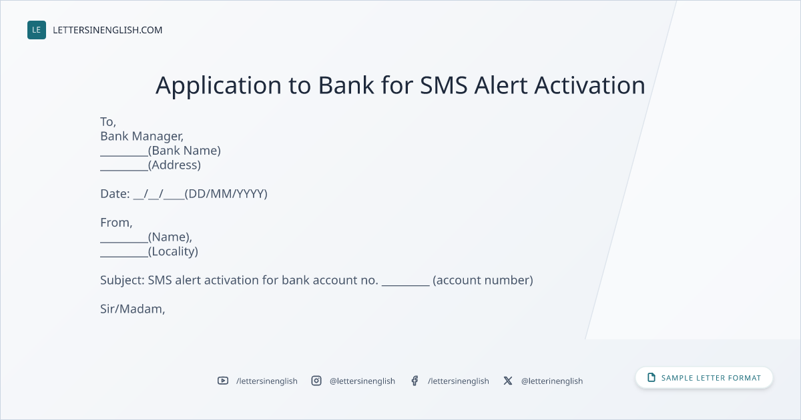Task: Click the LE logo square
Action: tap(37, 30)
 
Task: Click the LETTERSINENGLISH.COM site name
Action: tap(107, 30)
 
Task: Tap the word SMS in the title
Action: tap(443, 85)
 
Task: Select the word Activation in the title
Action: tap(589, 85)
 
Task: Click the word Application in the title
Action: tap(218, 86)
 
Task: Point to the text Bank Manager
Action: tap(142, 137)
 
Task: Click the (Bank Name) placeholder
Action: tap(184, 151)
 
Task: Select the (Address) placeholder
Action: tap(174, 165)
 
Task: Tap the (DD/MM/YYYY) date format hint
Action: tap(226, 194)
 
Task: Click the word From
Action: tap(115, 223)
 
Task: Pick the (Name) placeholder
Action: tap(169, 237)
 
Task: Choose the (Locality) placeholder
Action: tap(173, 251)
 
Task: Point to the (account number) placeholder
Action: tap(483, 281)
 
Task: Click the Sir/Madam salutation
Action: tap(132, 309)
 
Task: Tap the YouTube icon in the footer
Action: tap(223, 381)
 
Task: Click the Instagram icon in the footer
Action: tap(316, 381)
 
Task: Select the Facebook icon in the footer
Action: tap(415, 381)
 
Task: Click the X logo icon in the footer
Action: tap(508, 381)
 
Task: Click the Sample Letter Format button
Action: tap(704, 377)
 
